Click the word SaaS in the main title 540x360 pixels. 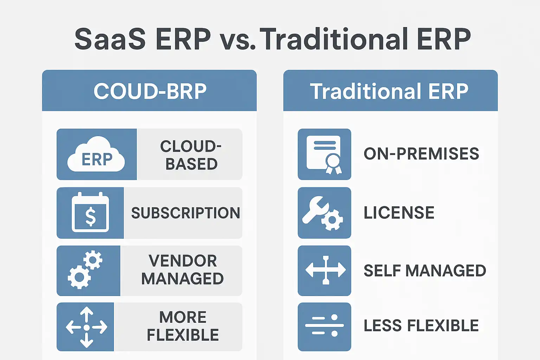(110, 39)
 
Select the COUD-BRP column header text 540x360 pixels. (150, 91)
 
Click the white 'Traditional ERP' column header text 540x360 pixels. (389, 91)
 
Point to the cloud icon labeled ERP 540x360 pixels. (96, 154)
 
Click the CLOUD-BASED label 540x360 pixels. (191, 155)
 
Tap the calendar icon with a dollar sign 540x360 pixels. (90, 212)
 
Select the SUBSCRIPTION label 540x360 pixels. (186, 213)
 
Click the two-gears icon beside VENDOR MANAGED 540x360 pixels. (85, 270)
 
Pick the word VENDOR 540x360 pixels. (183, 261)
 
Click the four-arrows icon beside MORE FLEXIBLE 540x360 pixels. (86, 327)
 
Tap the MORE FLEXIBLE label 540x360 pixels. (183, 326)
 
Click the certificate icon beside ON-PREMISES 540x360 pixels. (324, 155)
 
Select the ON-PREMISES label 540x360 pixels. (422, 154)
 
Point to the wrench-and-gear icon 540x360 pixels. (322, 213)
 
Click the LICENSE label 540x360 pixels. (399, 213)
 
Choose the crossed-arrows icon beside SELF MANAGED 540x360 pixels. (326, 270)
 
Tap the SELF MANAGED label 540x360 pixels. (425, 271)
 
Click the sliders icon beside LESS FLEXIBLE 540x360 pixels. (324, 325)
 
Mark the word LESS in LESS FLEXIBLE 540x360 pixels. (382, 326)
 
